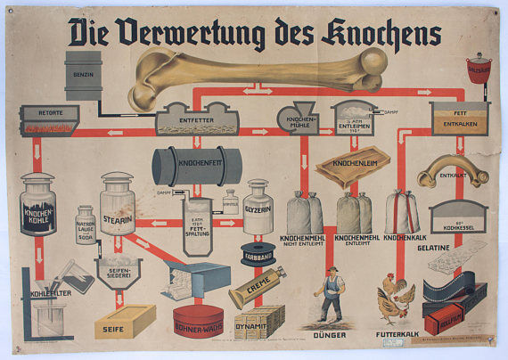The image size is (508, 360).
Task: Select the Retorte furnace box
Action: (x=46, y=119)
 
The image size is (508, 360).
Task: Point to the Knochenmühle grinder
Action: (x=296, y=118)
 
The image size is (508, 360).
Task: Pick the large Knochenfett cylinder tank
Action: (x=196, y=166)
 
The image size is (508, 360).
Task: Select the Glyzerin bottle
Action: (x=257, y=208)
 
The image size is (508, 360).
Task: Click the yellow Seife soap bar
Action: (x=124, y=321)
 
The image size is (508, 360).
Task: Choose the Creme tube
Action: (x=257, y=287)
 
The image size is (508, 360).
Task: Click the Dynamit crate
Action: (x=259, y=319)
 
